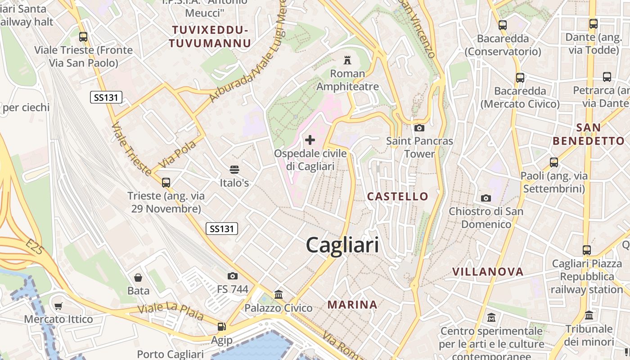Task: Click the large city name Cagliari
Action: coord(342,245)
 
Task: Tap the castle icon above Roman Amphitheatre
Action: coord(347,60)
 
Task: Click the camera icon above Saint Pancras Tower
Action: coord(419,128)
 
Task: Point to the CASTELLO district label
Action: coord(397,196)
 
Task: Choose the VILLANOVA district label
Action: coord(488,271)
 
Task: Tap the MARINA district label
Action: coord(352,305)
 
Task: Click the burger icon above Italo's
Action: coord(234,170)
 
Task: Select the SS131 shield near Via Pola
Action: coord(106,97)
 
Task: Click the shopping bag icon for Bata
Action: coord(138,278)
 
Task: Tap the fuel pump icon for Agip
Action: coord(221,327)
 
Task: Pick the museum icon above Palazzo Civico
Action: coord(279,295)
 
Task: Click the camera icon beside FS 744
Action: coord(233,276)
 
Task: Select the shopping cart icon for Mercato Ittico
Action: coord(58,306)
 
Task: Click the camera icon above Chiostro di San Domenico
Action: coord(486,198)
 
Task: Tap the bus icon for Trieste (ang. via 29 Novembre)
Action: coord(166,182)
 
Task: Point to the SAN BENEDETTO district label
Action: coord(589,134)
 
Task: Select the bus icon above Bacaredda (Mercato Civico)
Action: coord(520,77)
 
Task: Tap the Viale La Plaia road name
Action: coord(171,311)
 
